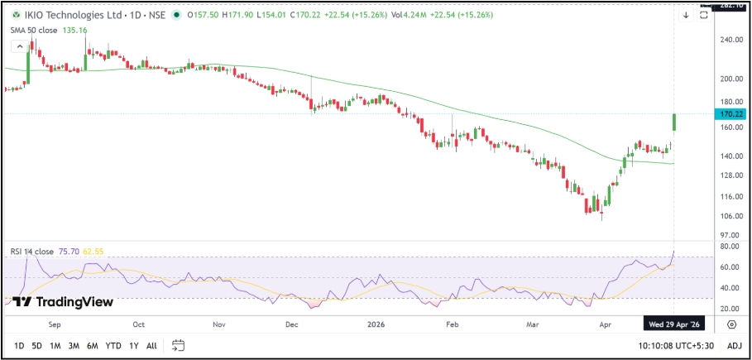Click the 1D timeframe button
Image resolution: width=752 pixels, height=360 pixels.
[19, 345]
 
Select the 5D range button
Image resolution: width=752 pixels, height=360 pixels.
[36, 345]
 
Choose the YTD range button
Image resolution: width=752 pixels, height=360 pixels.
[113, 345]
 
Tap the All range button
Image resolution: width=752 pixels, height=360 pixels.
[151, 345]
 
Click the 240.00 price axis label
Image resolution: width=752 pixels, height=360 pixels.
[728, 39]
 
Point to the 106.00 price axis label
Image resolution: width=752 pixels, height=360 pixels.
[728, 217]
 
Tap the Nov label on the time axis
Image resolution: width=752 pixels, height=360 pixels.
[219, 325]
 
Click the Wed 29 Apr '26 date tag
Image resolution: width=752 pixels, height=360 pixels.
[673, 325]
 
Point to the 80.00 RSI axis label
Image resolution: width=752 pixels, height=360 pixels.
[728, 247]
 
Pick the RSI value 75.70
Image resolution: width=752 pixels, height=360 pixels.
[69, 252]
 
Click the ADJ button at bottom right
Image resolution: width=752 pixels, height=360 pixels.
[734, 345]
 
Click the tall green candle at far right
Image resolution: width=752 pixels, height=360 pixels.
[675, 122]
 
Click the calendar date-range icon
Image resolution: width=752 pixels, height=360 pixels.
[178, 345]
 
